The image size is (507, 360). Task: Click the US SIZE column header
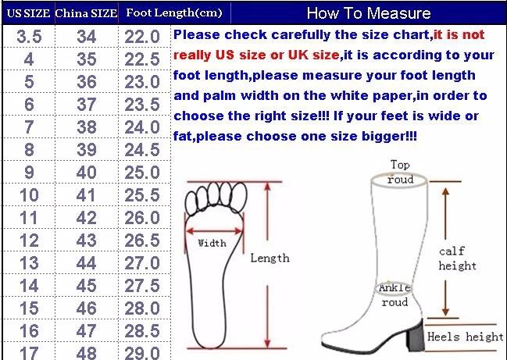pos(28,13)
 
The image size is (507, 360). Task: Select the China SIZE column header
pos(86,13)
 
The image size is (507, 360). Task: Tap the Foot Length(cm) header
pos(174,13)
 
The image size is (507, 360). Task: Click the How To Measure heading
pos(369,13)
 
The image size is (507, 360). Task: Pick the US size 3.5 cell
pos(29,36)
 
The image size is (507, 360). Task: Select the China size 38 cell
pos(87,127)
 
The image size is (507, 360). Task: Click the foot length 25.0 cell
pos(142,173)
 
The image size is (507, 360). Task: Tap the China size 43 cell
pos(87,241)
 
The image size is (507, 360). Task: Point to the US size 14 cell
pos(29,286)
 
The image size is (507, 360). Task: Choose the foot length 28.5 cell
pos(142,331)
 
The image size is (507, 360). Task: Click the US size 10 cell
pos(29,195)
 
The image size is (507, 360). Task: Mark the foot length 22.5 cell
pos(142,59)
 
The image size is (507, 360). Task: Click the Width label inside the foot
pos(212,243)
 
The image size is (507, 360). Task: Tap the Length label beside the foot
pos(270,258)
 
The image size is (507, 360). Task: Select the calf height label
pos(457,258)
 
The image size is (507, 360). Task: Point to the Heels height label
pos(466,337)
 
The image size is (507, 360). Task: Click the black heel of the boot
pos(416,336)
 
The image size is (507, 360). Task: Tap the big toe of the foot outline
pos(238,197)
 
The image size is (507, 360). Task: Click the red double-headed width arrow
pos(214,231)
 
